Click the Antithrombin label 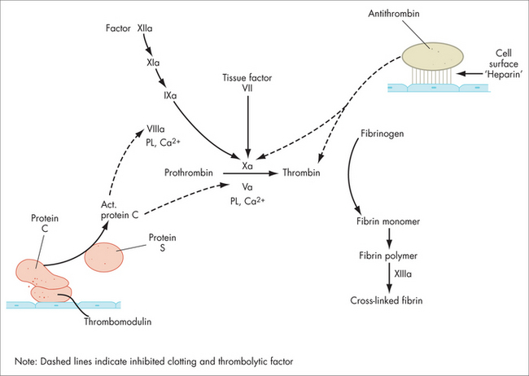(394, 14)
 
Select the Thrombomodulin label (118, 321)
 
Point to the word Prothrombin (189, 173)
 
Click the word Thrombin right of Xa (301, 173)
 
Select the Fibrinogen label (383, 133)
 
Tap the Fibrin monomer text (388, 221)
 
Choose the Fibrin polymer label (388, 256)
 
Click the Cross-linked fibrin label (387, 300)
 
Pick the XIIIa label (403, 273)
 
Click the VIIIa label (155, 129)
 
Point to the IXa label (170, 95)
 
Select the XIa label (153, 63)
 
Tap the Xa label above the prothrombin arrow (247, 166)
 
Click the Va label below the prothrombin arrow (247, 187)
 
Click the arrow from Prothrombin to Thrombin (250, 173)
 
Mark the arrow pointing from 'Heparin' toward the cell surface (470, 73)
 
